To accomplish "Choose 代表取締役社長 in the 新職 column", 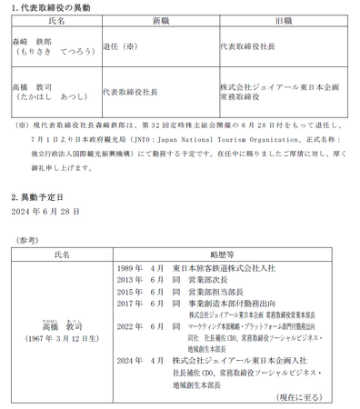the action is pos(132,92).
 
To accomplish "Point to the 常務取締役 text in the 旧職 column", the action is pos(243,97).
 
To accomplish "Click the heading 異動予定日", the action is pos(42,196).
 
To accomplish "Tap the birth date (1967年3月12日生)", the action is pos(62,339).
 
